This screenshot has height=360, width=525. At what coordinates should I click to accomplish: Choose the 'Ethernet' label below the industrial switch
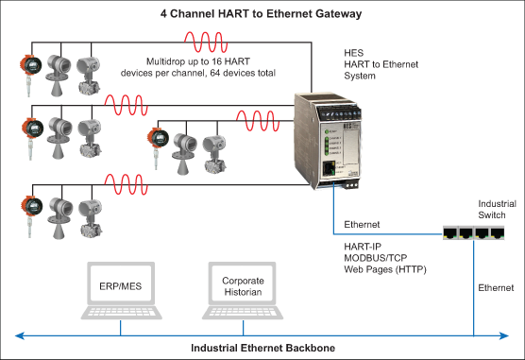coord(495,285)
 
